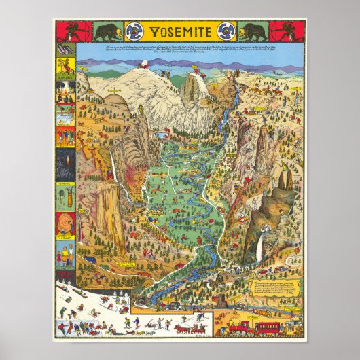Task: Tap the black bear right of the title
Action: pos(253,32)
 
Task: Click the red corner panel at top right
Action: pos(287,31)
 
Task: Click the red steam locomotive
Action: pos(239,327)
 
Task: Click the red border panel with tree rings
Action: pos(65,224)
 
